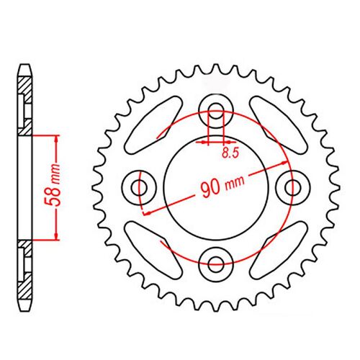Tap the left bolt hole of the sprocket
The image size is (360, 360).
(x=140, y=188)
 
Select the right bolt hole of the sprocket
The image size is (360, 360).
(x=292, y=188)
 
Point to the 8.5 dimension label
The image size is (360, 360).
(x=229, y=153)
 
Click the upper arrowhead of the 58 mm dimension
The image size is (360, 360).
(x=55, y=139)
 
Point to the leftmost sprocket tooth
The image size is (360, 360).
(x=95, y=188)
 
